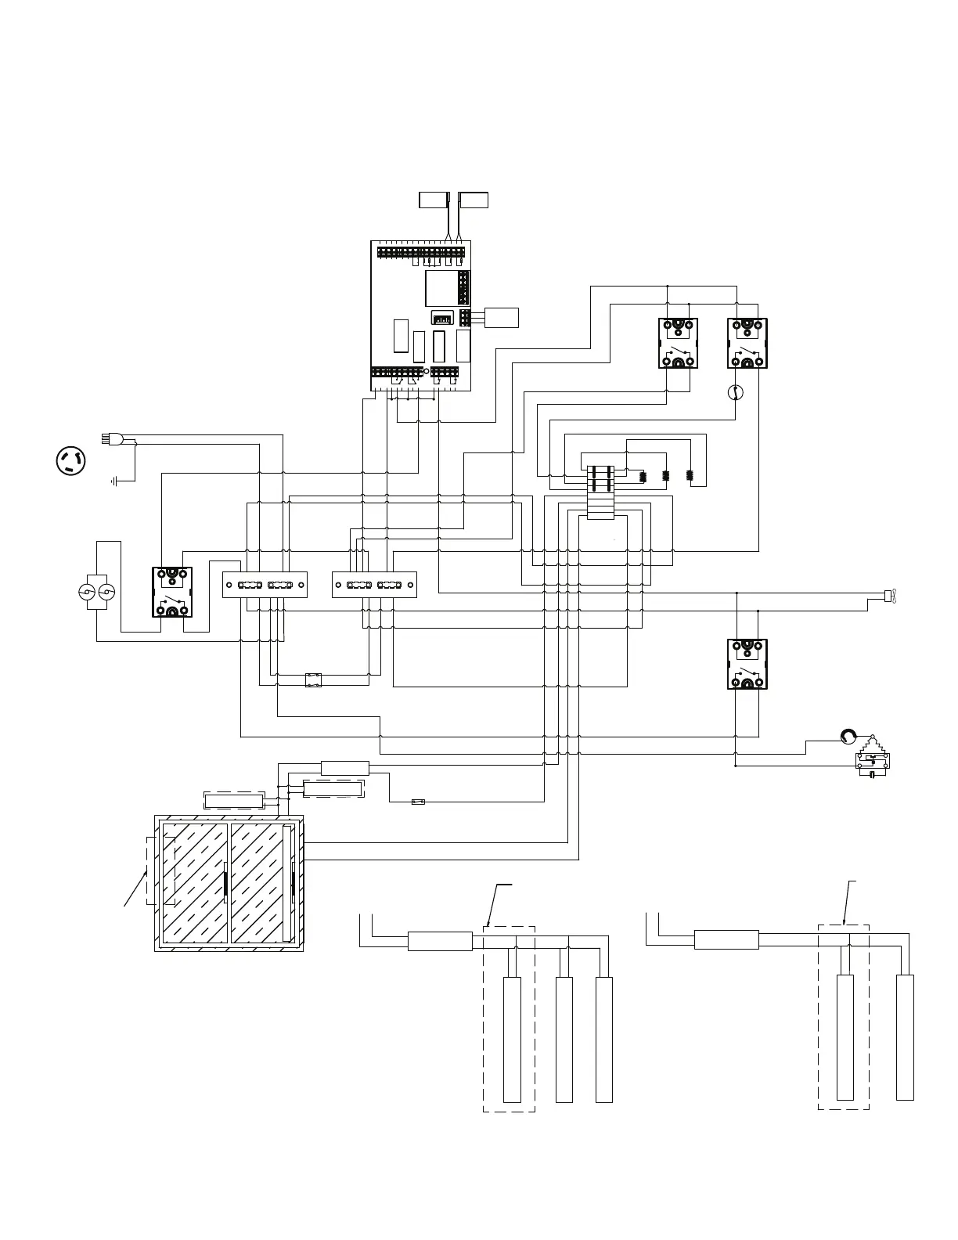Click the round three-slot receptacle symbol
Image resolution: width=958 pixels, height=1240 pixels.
(71, 461)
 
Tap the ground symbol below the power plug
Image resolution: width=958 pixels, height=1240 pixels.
(116, 481)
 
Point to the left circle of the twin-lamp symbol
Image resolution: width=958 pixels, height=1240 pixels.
(88, 591)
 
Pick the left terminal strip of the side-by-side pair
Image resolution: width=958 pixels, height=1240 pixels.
(265, 585)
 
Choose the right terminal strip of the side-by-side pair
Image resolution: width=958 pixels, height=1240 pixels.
(374, 585)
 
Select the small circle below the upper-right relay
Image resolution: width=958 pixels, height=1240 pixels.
(734, 392)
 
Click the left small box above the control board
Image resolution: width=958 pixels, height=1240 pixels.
(432, 200)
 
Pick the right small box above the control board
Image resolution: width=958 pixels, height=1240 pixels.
(474, 200)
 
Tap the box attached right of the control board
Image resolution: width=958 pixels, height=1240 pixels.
(502, 317)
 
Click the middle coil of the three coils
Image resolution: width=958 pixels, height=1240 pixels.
(666, 475)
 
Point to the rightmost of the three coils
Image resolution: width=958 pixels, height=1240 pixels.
(690, 475)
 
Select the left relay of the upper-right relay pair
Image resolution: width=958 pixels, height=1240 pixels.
(678, 343)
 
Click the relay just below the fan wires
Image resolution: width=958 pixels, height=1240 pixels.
(747, 664)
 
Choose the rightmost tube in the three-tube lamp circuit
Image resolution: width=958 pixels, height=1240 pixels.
(603, 1040)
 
